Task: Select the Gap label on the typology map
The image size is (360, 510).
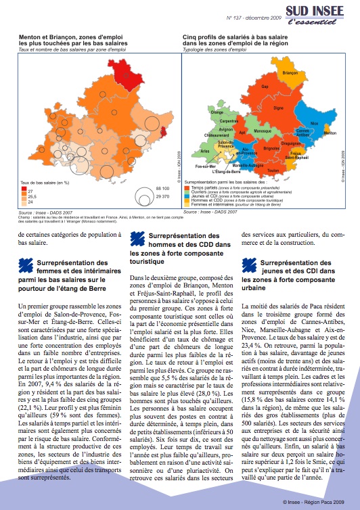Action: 265,87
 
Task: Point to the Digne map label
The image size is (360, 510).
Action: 277,107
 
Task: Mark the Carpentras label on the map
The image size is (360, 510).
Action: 229,120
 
